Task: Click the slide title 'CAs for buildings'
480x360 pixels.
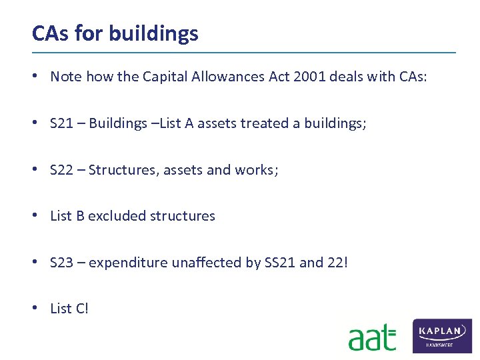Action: coord(115,33)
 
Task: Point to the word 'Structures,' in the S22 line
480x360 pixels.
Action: coord(121,170)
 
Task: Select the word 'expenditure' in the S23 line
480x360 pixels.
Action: coord(128,263)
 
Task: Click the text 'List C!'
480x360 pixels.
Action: coord(69,309)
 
